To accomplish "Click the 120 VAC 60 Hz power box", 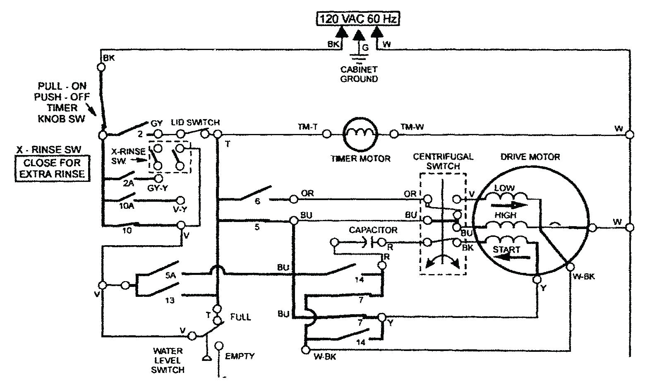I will point(358,19).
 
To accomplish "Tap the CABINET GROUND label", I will point(359,74).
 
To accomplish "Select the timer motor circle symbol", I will point(360,134).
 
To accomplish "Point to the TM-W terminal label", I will point(412,127).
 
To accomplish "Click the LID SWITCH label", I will point(195,122).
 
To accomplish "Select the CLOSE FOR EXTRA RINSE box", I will point(52,168).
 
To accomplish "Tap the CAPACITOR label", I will point(373,230).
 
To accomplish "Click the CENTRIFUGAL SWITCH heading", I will point(443,161).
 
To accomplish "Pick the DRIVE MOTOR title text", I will point(530,157).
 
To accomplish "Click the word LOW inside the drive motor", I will point(504,188).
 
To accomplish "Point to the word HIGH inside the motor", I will point(505,215).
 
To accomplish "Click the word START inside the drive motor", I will point(506,250).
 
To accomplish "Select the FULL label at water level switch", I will point(240,317).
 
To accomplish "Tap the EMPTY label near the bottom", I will point(240,356).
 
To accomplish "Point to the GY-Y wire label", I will point(157,188).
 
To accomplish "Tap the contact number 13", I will point(170,301).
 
